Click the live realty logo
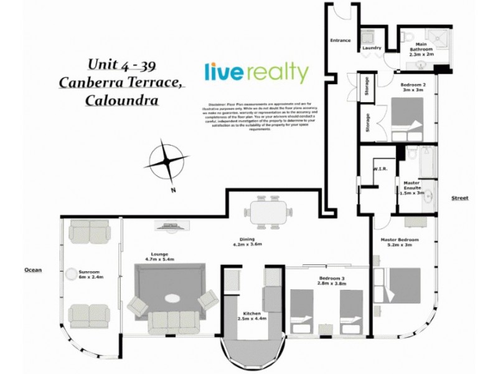256,73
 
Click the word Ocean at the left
32,270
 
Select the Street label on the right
459,198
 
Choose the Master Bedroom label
399,242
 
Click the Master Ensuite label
411,188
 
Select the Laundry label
371,47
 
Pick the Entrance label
340,41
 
